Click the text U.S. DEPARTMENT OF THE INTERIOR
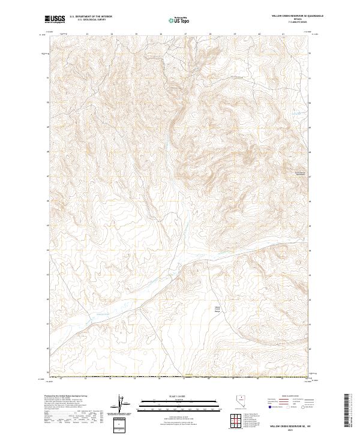pos(91,16)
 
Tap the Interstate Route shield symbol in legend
pos(268,407)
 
